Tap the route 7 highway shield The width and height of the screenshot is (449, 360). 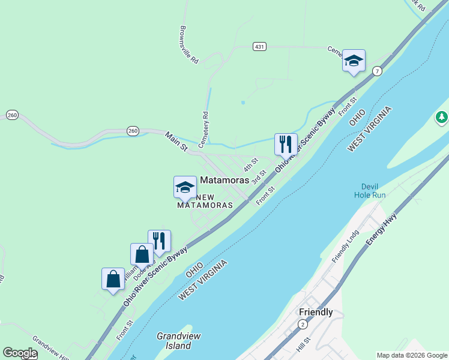(377, 71)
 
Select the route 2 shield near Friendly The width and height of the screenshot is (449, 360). (302, 325)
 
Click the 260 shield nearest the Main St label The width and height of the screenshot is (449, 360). (133, 130)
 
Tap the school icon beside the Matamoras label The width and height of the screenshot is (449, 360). (185, 187)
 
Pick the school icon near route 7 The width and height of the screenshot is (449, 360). (354, 61)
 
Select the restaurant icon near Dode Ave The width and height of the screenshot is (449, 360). (159, 241)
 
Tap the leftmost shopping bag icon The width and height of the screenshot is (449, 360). (113, 279)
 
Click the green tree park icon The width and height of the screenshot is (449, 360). (442, 117)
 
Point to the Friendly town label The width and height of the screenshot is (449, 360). (316, 312)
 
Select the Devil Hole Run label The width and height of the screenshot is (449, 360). (369, 191)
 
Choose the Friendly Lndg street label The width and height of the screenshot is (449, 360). (345, 246)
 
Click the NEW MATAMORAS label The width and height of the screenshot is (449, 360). (205, 201)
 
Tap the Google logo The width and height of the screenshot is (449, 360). (20, 353)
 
